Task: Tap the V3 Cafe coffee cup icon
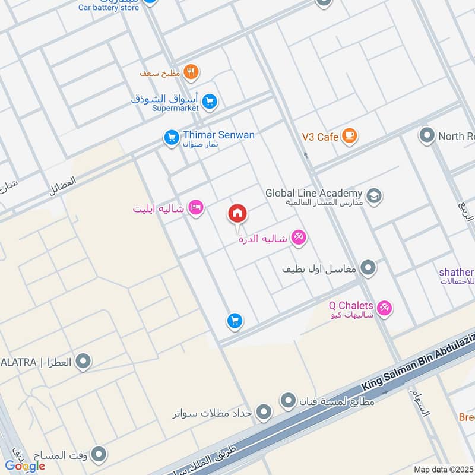click(350, 137)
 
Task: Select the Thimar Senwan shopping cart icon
click(172, 138)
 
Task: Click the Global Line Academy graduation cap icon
click(373, 195)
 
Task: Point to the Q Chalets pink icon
click(384, 308)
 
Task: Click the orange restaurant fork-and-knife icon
click(191, 72)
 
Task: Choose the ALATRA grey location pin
click(84, 361)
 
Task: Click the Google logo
click(25, 466)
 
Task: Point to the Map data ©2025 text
click(443, 470)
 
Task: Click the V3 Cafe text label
click(320, 137)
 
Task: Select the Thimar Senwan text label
click(219, 135)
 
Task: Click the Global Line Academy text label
click(313, 193)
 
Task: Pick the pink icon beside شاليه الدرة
click(299, 238)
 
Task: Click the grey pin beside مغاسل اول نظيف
click(369, 268)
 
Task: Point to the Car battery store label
click(109, 8)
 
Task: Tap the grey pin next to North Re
click(427, 136)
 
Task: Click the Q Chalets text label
click(351, 306)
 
